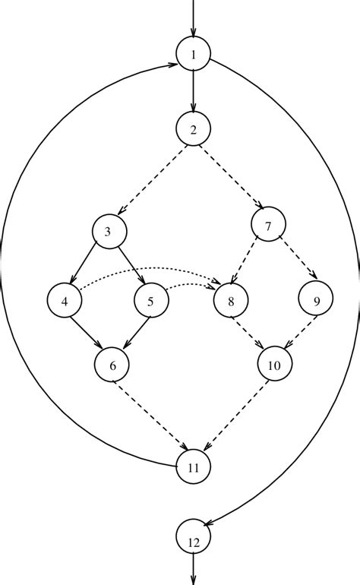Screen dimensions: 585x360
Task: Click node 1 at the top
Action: (x=194, y=54)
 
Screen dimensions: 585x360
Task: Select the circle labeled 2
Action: (x=194, y=128)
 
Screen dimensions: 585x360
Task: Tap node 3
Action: (x=109, y=232)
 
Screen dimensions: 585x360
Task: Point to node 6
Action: (x=112, y=365)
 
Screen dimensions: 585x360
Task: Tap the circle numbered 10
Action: (x=274, y=365)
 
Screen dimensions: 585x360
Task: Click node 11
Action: (x=194, y=467)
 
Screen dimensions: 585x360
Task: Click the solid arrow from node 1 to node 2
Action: (x=194, y=91)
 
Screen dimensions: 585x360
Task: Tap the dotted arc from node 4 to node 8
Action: (x=144, y=268)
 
